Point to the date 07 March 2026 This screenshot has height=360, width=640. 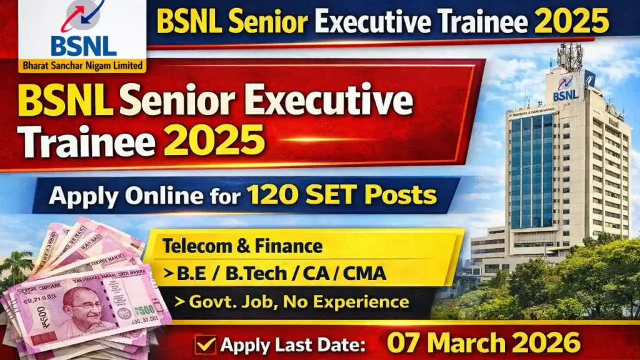[483, 343]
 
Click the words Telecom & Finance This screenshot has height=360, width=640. [242, 246]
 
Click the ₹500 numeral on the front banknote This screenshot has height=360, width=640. [142, 311]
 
